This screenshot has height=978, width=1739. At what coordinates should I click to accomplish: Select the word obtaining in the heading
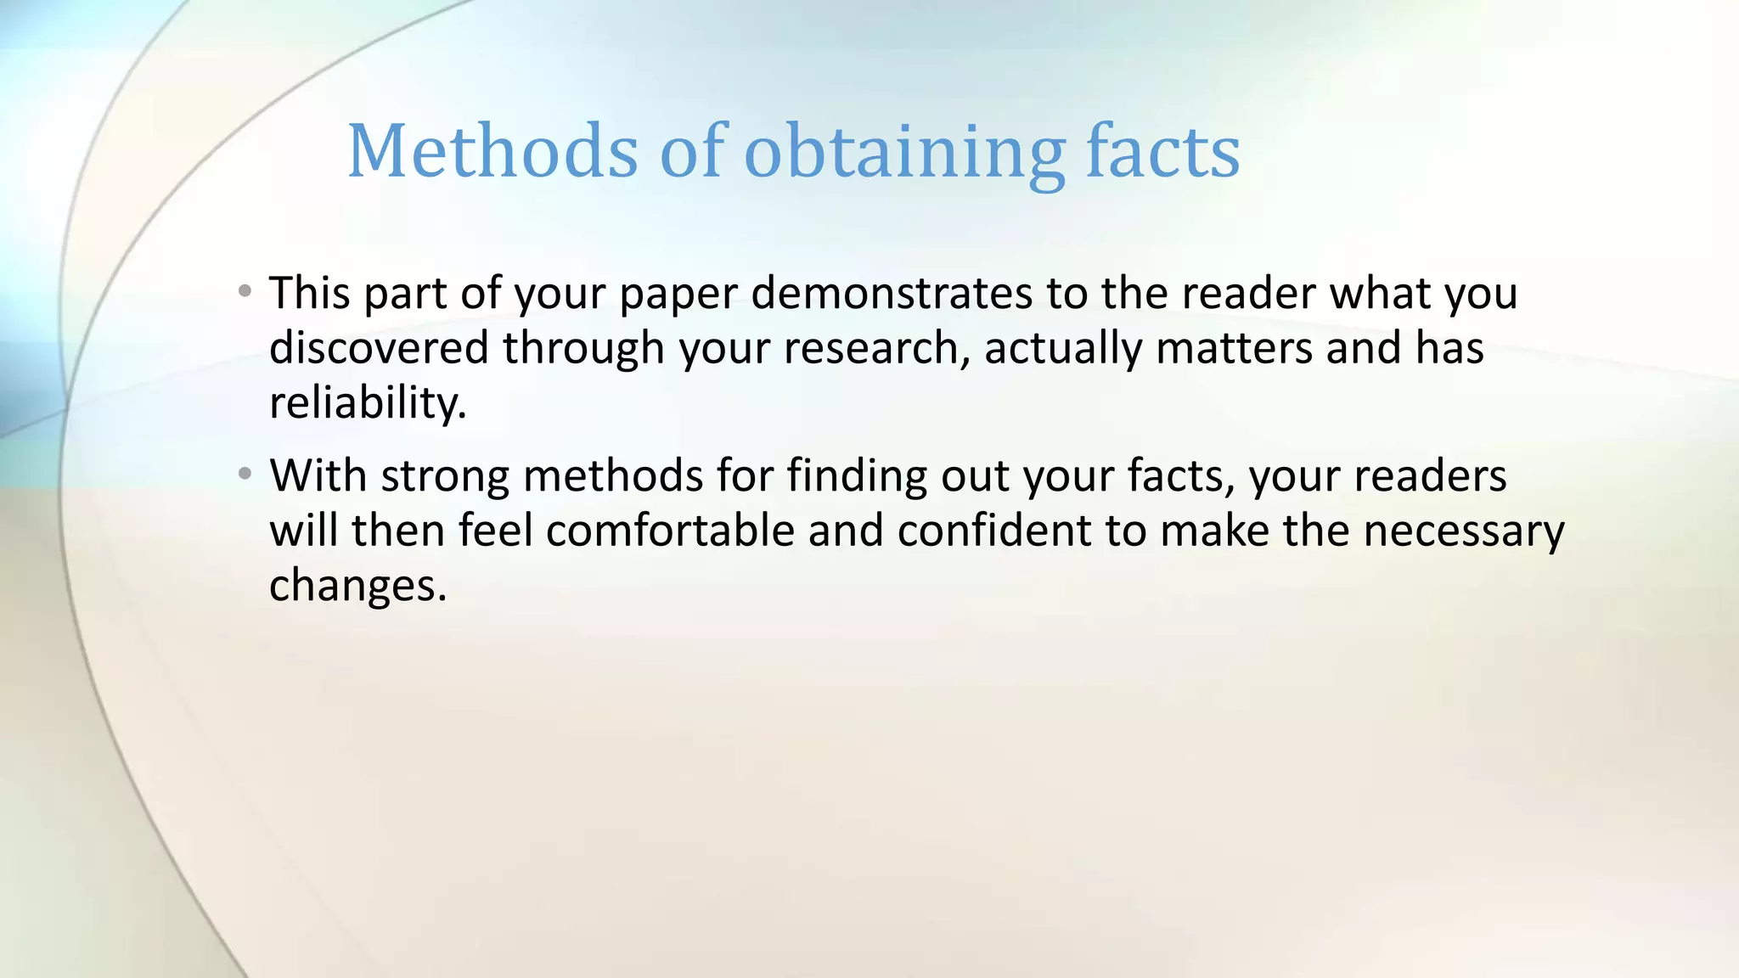(x=904, y=153)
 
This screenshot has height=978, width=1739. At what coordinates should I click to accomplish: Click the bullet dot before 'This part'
(x=245, y=291)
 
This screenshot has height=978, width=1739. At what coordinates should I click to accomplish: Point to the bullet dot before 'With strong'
(x=245, y=474)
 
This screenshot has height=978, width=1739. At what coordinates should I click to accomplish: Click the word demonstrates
(x=892, y=293)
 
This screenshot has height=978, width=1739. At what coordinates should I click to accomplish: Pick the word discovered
(x=379, y=348)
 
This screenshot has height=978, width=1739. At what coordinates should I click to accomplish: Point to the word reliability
(x=368, y=403)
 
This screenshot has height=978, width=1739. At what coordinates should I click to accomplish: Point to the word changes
(x=357, y=586)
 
